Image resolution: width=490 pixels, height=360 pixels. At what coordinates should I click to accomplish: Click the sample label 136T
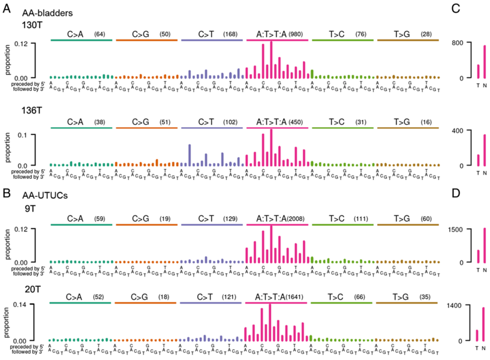pos(31,110)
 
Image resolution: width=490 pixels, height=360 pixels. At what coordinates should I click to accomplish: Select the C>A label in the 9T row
pos(75,219)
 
